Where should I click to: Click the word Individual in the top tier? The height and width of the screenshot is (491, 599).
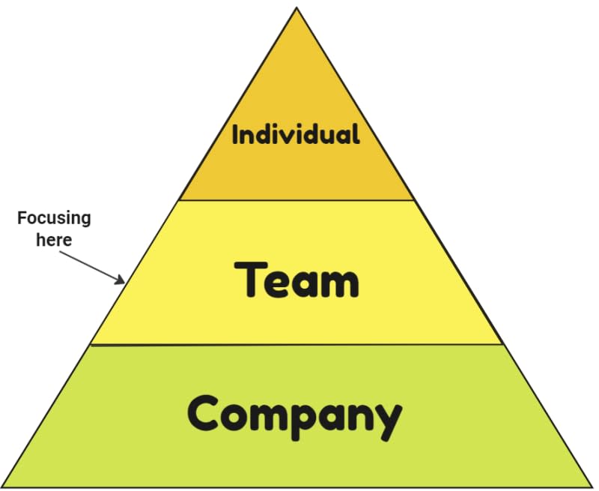(296, 135)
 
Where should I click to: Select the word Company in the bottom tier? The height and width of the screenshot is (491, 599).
(294, 415)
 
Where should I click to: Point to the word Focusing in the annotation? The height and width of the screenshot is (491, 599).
(54, 218)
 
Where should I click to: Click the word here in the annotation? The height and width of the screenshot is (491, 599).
(54, 240)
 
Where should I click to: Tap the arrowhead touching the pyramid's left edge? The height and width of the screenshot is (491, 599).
(120, 281)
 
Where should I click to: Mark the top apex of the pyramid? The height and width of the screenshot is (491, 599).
(297, 8)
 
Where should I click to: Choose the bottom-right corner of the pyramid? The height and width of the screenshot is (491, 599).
(591, 487)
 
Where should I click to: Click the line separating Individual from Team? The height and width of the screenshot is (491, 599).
(297, 200)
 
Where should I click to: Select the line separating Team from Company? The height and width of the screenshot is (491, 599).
(297, 345)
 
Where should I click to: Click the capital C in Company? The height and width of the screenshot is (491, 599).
(204, 413)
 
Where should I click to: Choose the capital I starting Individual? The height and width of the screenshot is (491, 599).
(236, 135)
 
